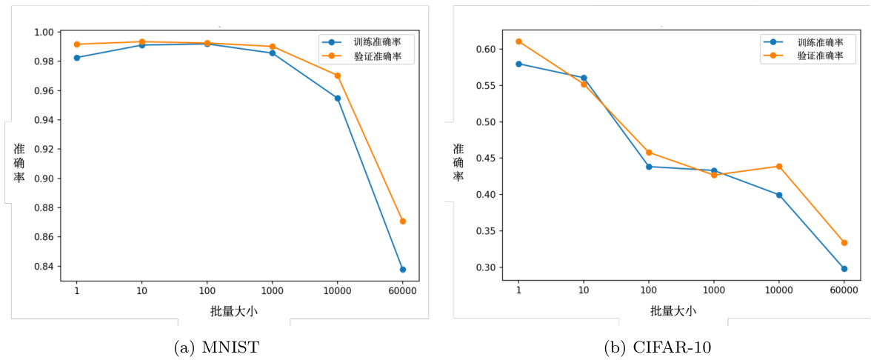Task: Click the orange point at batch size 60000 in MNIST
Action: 402,221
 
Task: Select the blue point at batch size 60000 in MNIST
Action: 402,270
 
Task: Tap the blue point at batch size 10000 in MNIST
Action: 338,98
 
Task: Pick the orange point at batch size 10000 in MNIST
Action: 338,76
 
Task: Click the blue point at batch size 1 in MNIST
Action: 77,58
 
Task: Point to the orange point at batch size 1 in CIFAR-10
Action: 518,41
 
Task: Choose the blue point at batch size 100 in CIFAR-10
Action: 649,167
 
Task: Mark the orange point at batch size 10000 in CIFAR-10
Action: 779,166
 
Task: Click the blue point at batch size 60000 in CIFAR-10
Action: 844,269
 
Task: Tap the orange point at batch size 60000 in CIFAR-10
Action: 844,242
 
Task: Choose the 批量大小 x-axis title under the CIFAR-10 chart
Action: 673,310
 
